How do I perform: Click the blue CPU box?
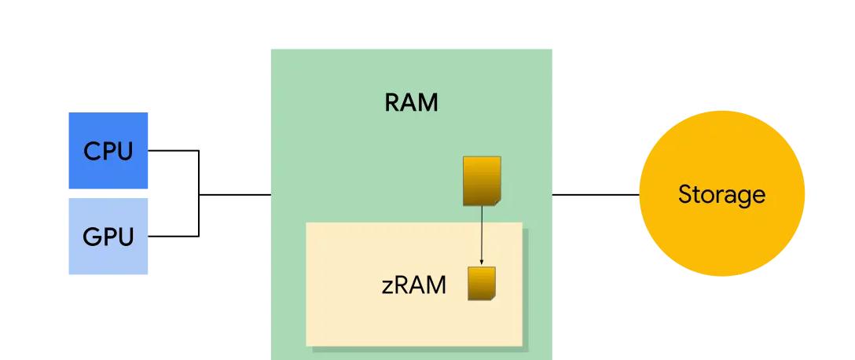[x=108, y=150]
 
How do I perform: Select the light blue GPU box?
[x=108, y=236]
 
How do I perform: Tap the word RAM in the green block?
[x=411, y=102]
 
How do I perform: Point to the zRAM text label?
[x=414, y=285]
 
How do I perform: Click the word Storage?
[x=721, y=193]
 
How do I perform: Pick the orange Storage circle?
[x=721, y=228]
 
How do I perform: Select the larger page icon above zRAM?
[x=481, y=180]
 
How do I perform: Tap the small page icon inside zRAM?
[x=481, y=284]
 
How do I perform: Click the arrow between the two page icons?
[x=481, y=232]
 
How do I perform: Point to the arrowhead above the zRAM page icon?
[x=481, y=262]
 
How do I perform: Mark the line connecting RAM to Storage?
[x=596, y=193]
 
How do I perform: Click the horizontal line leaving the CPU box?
[x=173, y=150]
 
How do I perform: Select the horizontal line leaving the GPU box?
[x=173, y=236]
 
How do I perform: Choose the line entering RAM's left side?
[x=236, y=193]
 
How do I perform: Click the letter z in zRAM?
[x=387, y=286]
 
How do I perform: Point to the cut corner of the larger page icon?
[x=497, y=202]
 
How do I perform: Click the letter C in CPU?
[x=91, y=151]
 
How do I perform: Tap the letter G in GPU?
[x=91, y=237]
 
